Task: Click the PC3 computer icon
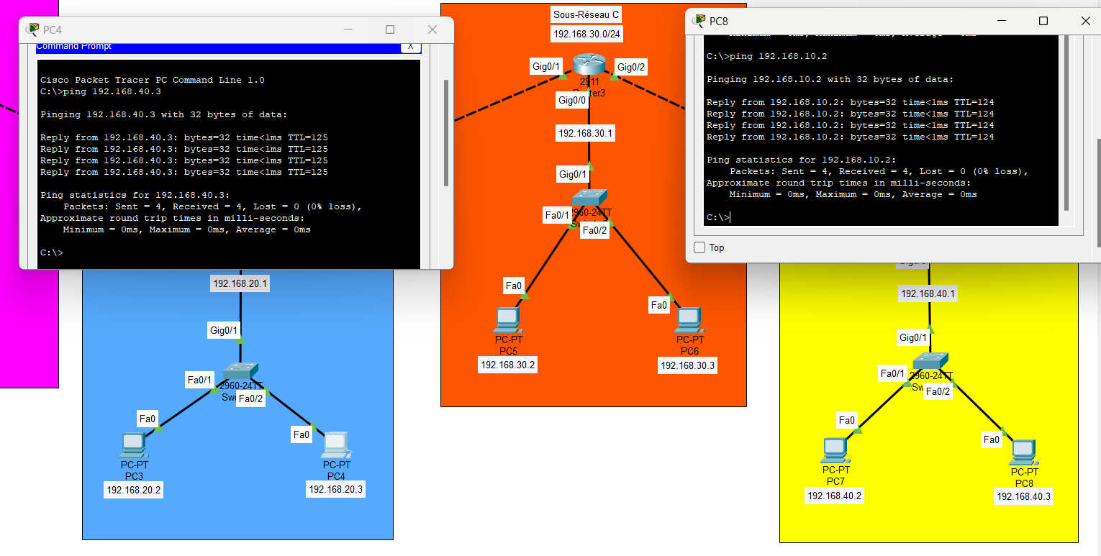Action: click(134, 446)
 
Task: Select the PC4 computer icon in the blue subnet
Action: click(336, 446)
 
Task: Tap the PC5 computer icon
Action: click(507, 321)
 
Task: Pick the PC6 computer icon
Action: click(689, 321)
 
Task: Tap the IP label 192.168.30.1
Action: click(586, 133)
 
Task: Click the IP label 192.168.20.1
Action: click(240, 284)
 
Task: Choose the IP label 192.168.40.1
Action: click(928, 293)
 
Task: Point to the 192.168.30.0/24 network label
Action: click(586, 34)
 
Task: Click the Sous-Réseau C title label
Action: click(586, 14)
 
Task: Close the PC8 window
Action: click(1085, 21)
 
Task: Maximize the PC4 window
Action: click(390, 29)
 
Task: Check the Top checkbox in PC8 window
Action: click(699, 247)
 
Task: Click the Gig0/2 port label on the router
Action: click(632, 67)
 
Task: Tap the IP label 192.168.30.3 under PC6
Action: click(687, 365)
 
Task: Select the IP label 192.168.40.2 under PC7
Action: click(835, 496)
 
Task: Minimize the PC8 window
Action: click(1001, 21)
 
